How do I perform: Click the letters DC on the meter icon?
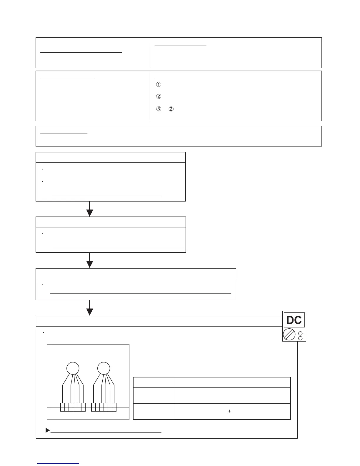tap(294, 320)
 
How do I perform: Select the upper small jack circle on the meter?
tap(300, 334)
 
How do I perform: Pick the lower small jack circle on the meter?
tap(300, 338)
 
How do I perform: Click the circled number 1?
tap(159, 85)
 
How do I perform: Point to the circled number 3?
tap(159, 109)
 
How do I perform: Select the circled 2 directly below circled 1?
tap(159, 96)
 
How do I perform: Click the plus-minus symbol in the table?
tap(229, 412)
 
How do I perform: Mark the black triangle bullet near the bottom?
tap(48, 430)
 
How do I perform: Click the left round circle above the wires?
tap(73, 368)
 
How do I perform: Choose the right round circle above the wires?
tap(104, 368)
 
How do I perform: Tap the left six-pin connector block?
tap(73, 407)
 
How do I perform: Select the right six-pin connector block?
tap(104, 407)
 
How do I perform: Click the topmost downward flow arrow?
tap(90, 209)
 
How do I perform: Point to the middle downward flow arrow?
tap(90, 260)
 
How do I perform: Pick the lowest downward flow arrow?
tap(90, 308)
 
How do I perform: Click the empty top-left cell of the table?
tap(154, 382)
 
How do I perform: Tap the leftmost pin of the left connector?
tap(63, 407)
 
